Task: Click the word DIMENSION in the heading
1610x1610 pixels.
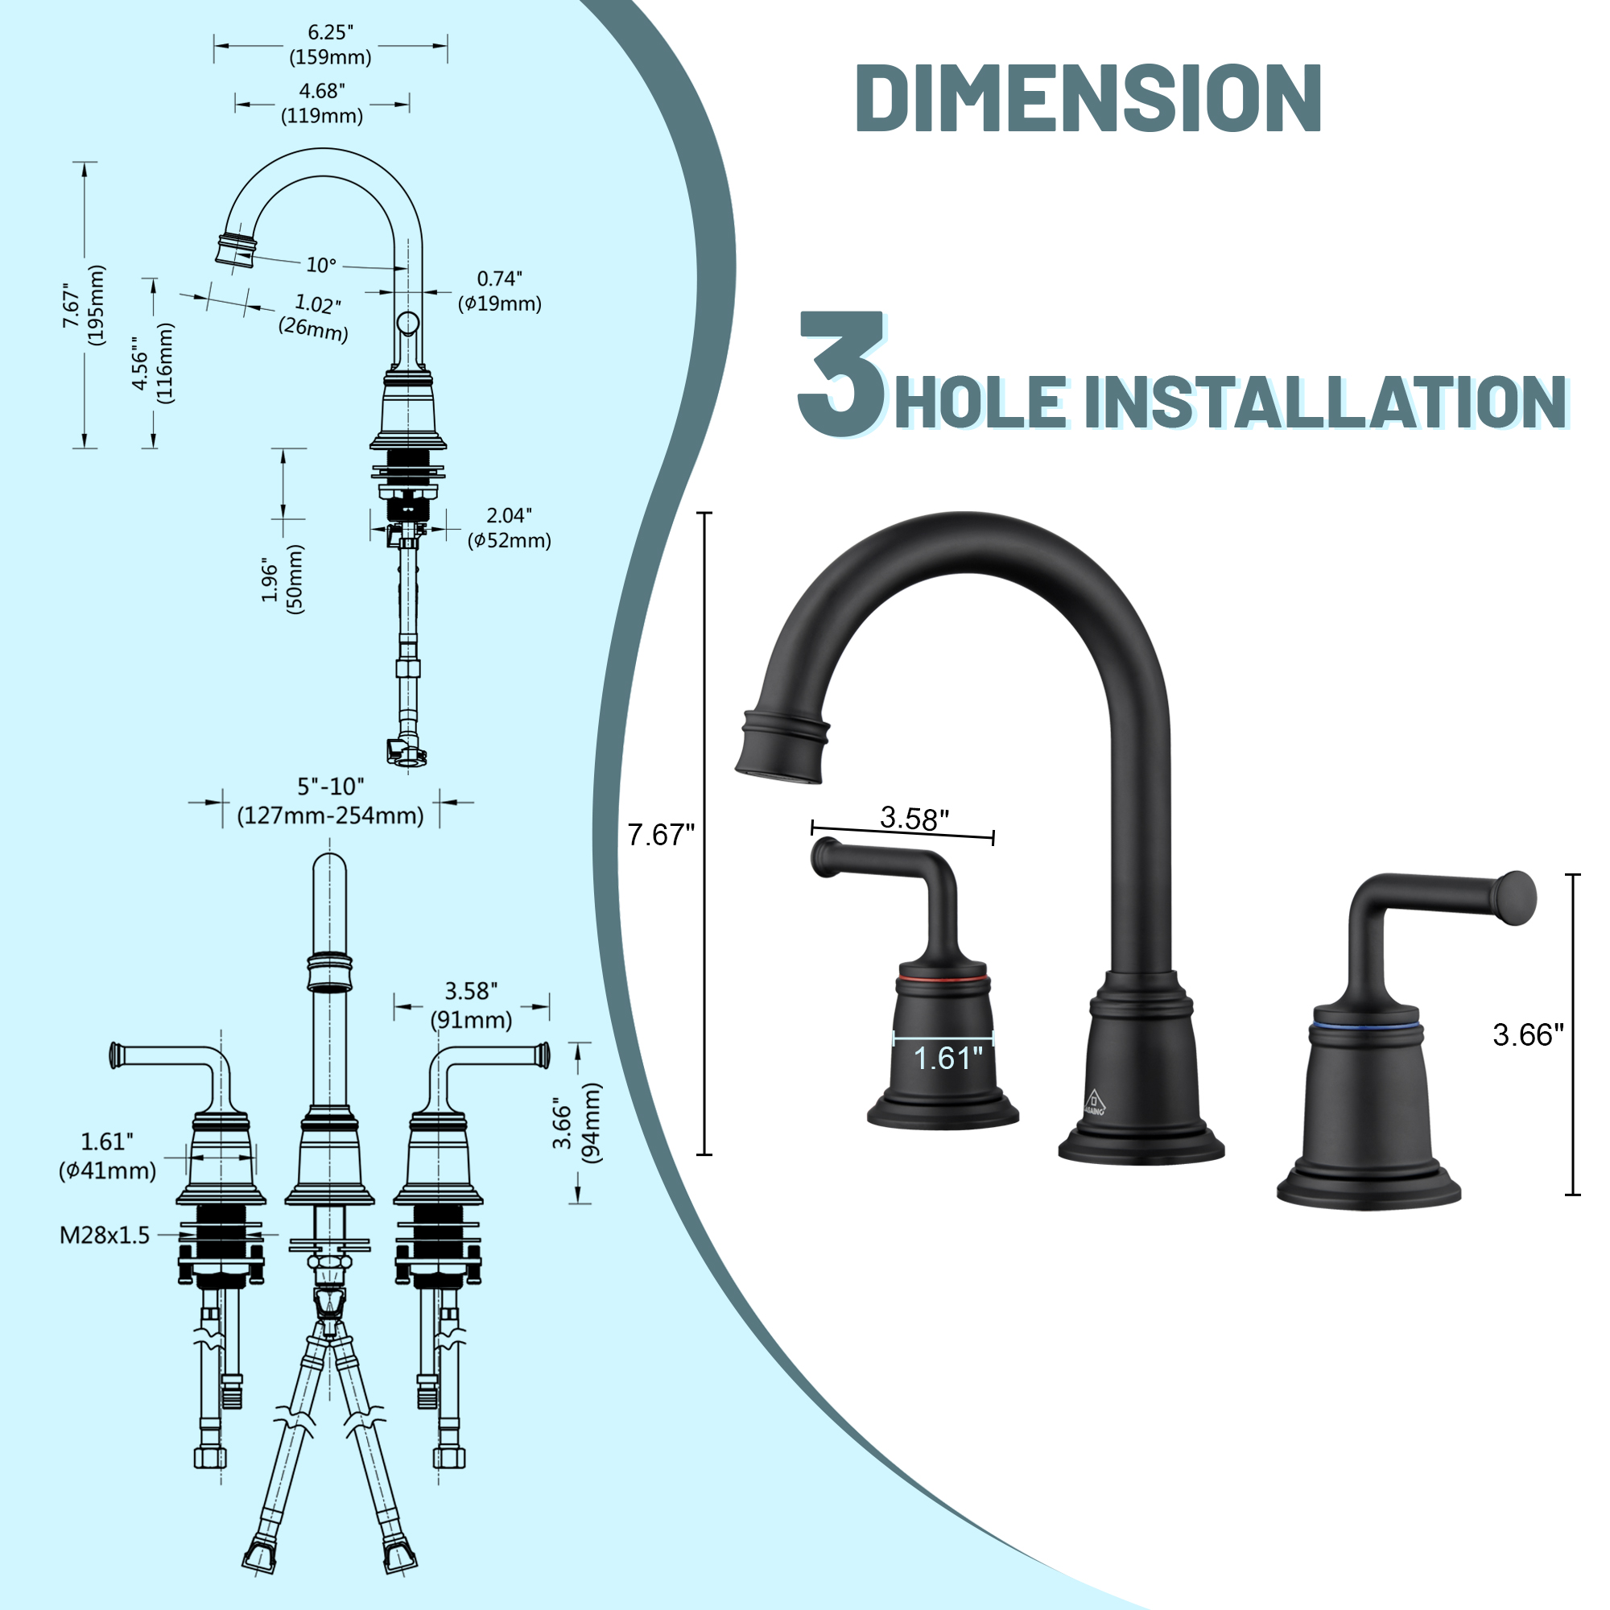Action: point(1088,98)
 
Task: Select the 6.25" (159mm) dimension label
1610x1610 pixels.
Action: point(330,45)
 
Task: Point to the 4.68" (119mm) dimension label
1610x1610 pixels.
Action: point(322,103)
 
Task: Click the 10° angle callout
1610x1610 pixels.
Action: point(321,265)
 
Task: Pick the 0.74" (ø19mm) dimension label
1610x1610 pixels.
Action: point(499,291)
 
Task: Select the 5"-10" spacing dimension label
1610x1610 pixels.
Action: point(331,801)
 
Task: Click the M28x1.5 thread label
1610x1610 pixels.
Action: point(104,1235)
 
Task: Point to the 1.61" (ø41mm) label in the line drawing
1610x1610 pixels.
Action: point(107,1156)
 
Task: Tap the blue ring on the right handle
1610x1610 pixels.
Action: point(1364,1021)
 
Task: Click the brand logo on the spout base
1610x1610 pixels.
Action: point(1094,1103)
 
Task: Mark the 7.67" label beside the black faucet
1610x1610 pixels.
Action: point(660,835)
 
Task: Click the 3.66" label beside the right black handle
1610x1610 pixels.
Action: point(1528,1035)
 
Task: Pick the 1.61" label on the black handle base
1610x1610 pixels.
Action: point(947,1059)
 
